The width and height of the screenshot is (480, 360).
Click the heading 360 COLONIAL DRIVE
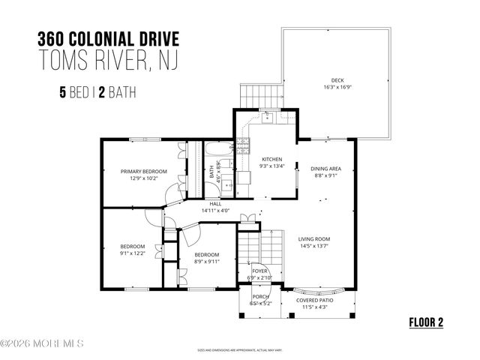(x=106, y=40)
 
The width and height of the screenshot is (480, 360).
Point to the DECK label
(x=337, y=80)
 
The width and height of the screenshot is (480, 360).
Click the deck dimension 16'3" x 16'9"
(x=337, y=88)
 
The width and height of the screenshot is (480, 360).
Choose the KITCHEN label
(x=271, y=160)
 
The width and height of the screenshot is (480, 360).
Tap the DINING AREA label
(x=326, y=169)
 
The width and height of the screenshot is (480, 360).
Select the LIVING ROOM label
(x=314, y=239)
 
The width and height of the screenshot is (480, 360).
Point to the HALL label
(x=215, y=203)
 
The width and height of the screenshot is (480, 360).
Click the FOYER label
(x=259, y=271)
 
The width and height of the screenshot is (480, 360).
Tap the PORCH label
(x=259, y=296)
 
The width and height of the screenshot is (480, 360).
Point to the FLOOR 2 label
(x=426, y=322)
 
